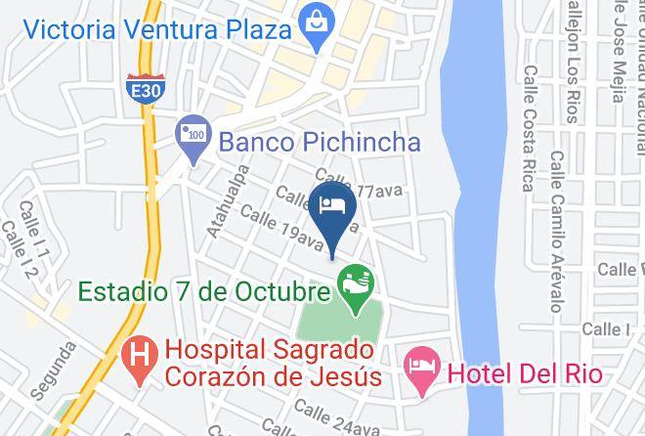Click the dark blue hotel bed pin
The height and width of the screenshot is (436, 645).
click(x=332, y=206)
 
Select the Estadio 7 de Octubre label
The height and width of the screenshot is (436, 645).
click(x=202, y=292)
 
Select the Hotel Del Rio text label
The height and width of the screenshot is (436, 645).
click(x=524, y=372)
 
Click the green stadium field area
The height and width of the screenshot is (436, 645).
click(x=337, y=323)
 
